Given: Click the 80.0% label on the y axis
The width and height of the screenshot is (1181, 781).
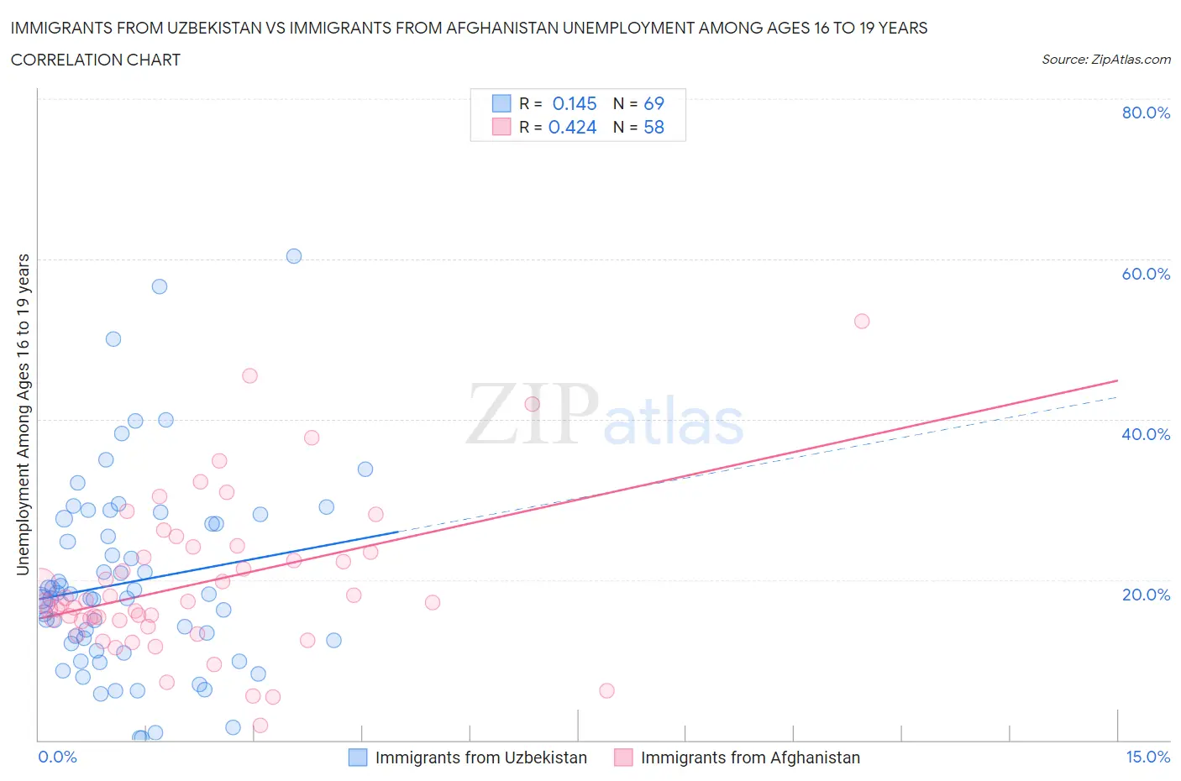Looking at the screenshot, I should point(1146,113).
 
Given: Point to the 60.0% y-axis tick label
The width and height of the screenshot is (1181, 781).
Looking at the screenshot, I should point(1146,274).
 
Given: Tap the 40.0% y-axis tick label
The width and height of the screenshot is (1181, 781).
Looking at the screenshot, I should point(1146,434).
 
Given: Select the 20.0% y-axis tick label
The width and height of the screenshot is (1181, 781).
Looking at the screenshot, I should point(1146,595).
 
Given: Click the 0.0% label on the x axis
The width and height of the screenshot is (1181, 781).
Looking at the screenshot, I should point(57,757).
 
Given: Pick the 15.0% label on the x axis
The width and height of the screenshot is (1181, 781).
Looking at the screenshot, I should point(1147,757).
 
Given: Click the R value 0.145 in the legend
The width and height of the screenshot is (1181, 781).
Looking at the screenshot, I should point(575,103).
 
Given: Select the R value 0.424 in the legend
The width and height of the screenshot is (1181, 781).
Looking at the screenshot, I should point(572,127).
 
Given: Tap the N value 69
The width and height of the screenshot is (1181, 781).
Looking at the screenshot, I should point(653,103).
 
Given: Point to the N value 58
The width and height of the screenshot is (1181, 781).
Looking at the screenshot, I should point(653,127).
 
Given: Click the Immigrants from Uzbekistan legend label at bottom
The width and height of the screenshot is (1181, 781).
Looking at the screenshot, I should point(480,757).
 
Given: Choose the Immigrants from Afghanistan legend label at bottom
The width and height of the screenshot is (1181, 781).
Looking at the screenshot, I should point(750,757).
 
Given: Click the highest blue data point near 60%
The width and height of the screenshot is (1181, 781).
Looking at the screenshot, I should point(294,256).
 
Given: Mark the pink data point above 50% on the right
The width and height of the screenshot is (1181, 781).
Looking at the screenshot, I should point(862,321).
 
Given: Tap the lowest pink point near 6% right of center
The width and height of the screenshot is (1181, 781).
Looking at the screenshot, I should point(606,690).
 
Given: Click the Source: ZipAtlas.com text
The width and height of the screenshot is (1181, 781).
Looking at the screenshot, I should point(1105,59).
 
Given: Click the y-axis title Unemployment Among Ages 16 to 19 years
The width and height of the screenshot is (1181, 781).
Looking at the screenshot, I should point(23,414).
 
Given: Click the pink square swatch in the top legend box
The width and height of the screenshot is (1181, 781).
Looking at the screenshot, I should point(501,127).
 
